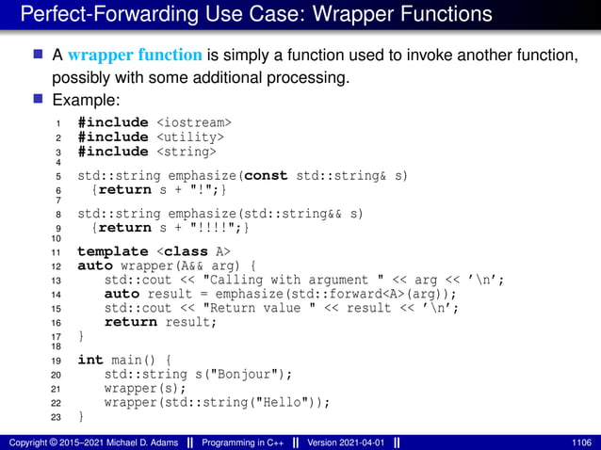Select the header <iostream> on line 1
194,122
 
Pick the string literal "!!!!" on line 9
217,228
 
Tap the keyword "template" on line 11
112,251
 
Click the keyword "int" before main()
90,360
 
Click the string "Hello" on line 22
285,402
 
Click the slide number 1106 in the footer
581,442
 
